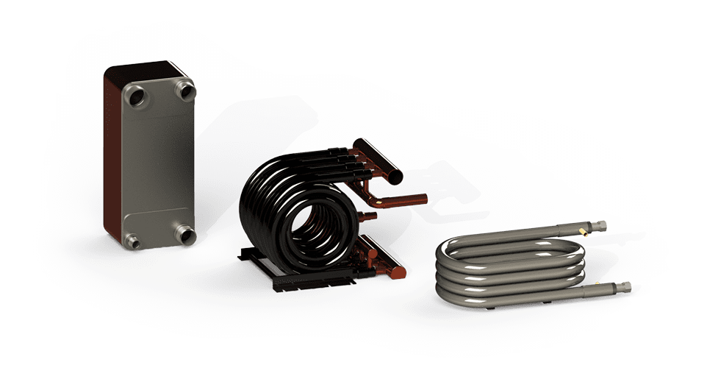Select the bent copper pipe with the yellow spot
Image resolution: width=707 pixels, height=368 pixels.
401,199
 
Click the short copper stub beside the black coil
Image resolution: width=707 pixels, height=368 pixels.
367,216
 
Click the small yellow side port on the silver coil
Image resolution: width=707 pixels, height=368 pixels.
582,233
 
